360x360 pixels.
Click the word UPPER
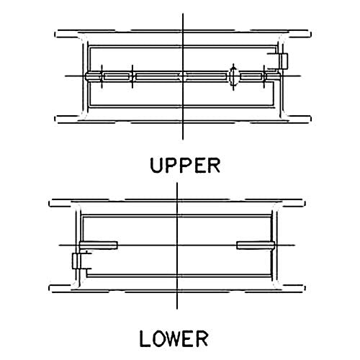(185, 166)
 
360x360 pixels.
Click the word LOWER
(174, 338)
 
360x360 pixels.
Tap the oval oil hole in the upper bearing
(233, 76)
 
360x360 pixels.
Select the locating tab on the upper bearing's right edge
(283, 61)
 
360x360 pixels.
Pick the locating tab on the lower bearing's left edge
(76, 261)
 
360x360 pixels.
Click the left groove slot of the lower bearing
(99, 246)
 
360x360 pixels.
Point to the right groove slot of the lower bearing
(256, 246)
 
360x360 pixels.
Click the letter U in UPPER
(156, 166)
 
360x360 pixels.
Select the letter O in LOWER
(158, 338)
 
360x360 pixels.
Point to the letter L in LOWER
(145, 338)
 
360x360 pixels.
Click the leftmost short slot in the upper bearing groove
(117, 76)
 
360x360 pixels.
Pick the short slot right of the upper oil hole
(251, 76)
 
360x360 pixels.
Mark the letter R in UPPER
(215, 166)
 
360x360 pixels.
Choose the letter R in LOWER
(202, 338)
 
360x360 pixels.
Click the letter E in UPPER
(201, 166)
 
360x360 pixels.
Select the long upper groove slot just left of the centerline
(158, 76)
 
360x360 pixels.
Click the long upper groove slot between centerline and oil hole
(207, 76)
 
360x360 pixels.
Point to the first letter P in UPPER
(170, 166)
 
